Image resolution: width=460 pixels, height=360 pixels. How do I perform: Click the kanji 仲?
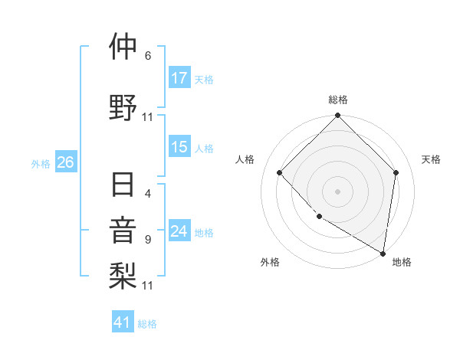click(x=123, y=47)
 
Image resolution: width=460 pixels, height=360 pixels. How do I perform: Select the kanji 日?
click(x=123, y=185)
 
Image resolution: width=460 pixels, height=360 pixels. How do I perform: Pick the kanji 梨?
click(x=123, y=273)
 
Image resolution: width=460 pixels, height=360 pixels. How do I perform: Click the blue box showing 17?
click(x=179, y=78)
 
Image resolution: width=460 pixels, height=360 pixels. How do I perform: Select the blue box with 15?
click(x=179, y=148)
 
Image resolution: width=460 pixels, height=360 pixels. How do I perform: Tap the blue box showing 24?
click(x=179, y=232)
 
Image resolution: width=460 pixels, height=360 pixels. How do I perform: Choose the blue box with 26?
click(x=65, y=162)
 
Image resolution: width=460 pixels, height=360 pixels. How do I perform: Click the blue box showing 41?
click(x=123, y=322)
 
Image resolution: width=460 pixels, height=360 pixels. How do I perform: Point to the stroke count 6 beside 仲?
click(x=148, y=55)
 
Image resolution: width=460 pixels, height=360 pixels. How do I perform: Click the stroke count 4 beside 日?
click(x=148, y=194)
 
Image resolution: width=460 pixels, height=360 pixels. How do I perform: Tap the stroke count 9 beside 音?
click(x=148, y=239)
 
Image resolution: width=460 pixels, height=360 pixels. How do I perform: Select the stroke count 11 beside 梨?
click(x=148, y=285)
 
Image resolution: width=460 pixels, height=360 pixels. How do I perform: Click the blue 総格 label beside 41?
click(x=147, y=324)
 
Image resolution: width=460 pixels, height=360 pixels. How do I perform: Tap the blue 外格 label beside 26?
click(x=41, y=163)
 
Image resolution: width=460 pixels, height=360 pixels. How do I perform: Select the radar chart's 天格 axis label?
click(x=431, y=159)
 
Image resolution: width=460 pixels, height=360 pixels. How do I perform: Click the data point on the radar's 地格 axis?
click(x=383, y=253)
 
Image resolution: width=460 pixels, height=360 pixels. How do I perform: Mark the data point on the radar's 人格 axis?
click(x=280, y=172)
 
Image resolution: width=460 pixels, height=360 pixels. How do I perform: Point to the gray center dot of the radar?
click(x=337, y=191)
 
